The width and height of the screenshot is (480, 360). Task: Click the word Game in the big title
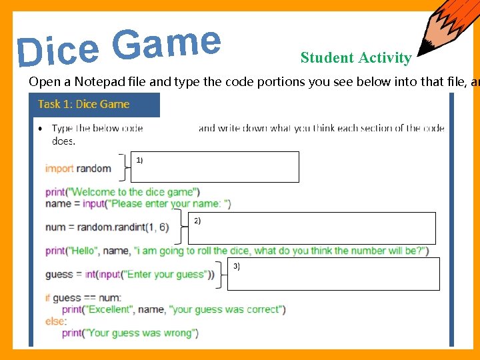click(166, 42)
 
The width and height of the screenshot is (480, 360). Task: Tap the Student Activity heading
click(355, 58)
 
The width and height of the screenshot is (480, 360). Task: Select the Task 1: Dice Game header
click(84, 104)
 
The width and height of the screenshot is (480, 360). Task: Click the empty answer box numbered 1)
click(215, 167)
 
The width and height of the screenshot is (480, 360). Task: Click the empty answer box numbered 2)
click(311, 229)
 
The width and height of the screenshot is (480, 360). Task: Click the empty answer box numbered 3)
click(333, 274)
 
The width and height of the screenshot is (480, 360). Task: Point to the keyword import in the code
click(59, 169)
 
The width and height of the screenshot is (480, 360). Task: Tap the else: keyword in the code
click(55, 321)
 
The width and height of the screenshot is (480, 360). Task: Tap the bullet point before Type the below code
click(41, 128)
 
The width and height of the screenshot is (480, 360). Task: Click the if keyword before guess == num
click(48, 298)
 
